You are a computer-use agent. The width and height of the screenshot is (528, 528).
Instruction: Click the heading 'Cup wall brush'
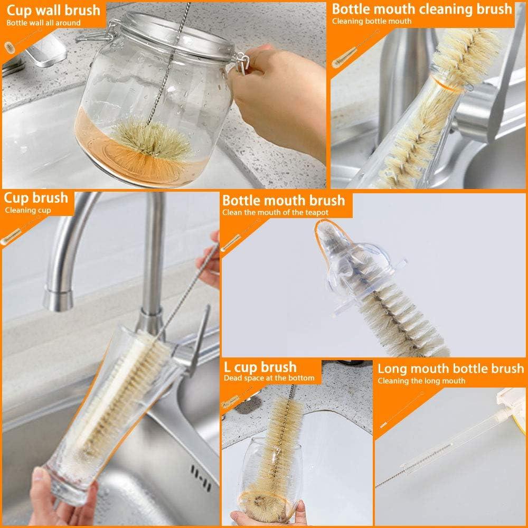(x=53, y=10)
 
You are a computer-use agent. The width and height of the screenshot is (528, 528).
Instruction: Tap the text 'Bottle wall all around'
(x=43, y=23)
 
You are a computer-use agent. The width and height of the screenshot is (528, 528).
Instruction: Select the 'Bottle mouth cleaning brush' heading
(x=422, y=9)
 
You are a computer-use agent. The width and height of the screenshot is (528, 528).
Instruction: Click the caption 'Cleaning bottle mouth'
(x=372, y=22)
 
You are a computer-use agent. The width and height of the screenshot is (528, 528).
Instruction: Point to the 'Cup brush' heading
(x=36, y=198)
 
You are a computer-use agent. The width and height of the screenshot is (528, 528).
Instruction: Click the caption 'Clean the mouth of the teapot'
(x=275, y=213)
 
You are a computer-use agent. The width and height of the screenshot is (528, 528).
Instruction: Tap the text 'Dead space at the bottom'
(x=269, y=378)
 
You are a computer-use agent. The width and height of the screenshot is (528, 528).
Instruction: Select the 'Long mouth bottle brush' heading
(x=450, y=369)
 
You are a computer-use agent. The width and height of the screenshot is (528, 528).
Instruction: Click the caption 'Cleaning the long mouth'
(x=421, y=381)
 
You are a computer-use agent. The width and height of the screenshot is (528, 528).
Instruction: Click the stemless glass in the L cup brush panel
(x=267, y=475)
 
